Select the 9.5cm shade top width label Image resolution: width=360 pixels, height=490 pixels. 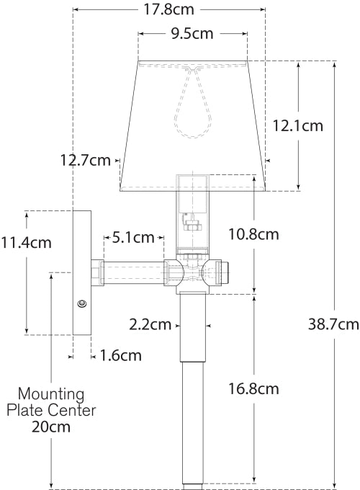point(192,33)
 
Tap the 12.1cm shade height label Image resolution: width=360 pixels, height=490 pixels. point(297,125)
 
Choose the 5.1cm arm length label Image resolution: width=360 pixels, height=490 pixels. point(133,236)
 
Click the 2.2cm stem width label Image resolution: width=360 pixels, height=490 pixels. point(150,324)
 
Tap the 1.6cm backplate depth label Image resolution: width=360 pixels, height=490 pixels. point(120,355)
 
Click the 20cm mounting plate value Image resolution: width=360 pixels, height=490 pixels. point(51,426)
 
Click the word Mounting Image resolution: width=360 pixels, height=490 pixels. point(51,395)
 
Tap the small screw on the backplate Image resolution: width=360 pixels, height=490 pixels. point(82,304)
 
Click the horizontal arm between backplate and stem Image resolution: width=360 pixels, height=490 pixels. point(133,273)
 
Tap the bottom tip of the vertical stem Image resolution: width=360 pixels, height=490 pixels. point(192,480)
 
